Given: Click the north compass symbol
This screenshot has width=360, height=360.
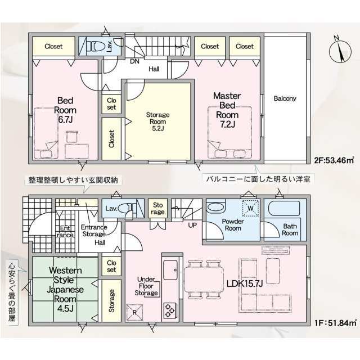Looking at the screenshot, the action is [x=340, y=52].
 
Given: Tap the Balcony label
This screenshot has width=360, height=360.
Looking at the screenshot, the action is [x=285, y=99].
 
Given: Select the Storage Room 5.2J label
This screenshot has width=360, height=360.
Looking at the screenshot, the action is [x=157, y=121].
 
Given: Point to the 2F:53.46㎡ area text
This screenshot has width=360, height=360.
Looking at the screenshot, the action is [x=334, y=160].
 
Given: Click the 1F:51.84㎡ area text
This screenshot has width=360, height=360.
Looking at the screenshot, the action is [x=335, y=322].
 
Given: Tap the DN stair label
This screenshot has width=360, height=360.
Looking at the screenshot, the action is [x=134, y=61].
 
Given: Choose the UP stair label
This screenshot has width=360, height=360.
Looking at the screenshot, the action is [x=192, y=225].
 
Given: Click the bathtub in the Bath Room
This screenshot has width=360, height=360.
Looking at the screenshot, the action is [x=284, y=209].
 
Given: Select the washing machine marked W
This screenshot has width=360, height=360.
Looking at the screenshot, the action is [x=251, y=208].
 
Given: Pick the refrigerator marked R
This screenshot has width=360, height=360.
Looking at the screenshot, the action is [x=134, y=313].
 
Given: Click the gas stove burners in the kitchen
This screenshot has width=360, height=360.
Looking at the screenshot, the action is [x=170, y=310].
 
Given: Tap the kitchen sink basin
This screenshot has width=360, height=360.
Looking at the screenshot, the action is [x=170, y=270].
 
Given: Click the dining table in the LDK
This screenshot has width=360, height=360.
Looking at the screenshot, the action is [x=204, y=280].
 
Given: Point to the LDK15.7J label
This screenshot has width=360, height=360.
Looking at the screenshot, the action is [x=245, y=284].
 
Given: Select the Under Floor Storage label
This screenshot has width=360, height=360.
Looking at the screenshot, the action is [x=146, y=286].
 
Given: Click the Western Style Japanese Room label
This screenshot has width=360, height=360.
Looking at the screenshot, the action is [x=65, y=289].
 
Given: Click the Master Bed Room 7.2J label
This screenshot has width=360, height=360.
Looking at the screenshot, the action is [x=227, y=110].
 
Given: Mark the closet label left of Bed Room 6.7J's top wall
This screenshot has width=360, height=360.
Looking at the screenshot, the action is [x=53, y=46].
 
